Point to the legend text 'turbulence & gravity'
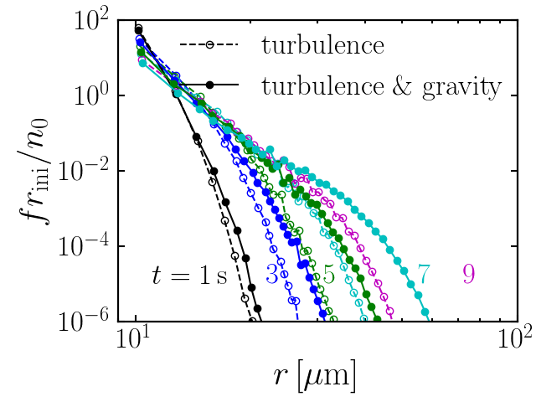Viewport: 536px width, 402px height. pos(381,85)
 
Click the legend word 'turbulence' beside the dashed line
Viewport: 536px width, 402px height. pos(323,44)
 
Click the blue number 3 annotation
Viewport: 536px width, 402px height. pos(272,273)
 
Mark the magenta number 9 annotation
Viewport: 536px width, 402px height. pos(468,273)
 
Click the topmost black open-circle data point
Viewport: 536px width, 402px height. pos(138,32)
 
